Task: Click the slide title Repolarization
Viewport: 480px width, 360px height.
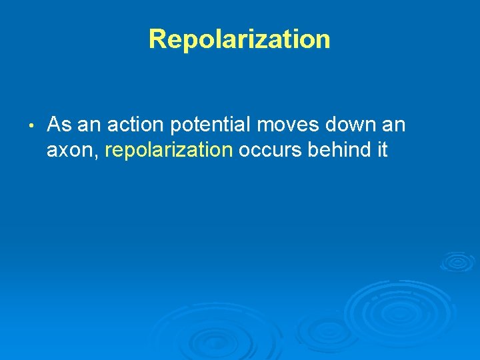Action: pyautogui.click(x=239, y=39)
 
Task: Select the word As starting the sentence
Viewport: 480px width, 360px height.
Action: pyautogui.click(x=59, y=125)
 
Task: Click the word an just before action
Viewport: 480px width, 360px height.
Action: pyautogui.click(x=89, y=125)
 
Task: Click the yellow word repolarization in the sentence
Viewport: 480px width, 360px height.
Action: pyautogui.click(x=169, y=151)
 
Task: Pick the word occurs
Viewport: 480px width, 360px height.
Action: pyautogui.click(x=271, y=151)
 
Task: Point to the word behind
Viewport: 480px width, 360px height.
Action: pyautogui.click(x=339, y=150)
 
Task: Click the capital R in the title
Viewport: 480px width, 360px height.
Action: pyautogui.click(x=157, y=39)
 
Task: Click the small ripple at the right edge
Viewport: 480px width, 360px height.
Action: pyautogui.click(x=457, y=261)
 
